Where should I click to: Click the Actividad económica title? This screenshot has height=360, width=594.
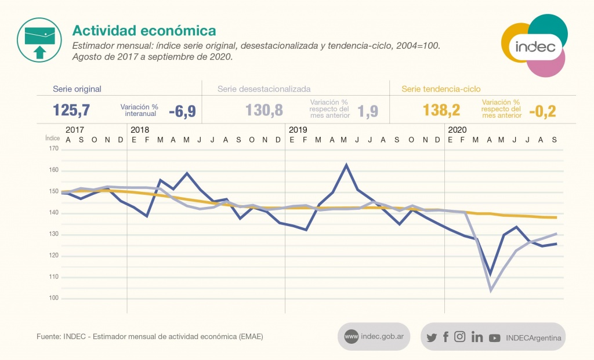143,30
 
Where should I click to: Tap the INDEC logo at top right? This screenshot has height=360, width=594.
534,46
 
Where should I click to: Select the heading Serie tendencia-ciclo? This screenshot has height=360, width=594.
441,89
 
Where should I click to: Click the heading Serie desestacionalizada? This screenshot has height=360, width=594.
264,89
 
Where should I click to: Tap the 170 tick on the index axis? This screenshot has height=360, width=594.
54,149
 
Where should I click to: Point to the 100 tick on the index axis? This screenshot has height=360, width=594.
54,299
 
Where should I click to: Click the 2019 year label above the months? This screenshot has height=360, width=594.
298,129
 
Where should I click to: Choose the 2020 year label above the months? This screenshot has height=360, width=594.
457,129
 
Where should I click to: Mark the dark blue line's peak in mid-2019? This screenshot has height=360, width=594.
346,165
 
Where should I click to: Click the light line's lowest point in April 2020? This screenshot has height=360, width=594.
491,290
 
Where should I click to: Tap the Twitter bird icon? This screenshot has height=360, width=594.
432,337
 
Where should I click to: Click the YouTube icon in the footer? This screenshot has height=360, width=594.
494,337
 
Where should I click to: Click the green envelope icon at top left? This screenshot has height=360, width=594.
39,39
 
